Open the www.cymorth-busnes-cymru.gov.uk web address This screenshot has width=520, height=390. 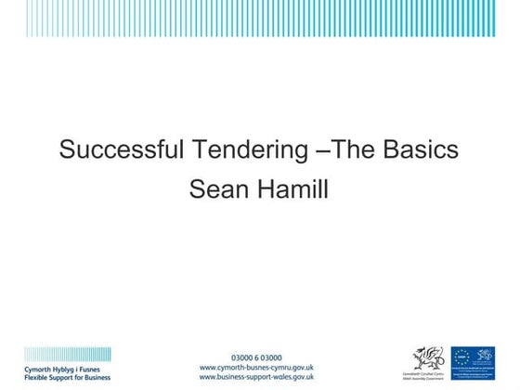coord(257,367)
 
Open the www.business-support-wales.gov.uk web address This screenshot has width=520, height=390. coord(257,377)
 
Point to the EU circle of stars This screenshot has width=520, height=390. coord(463,356)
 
